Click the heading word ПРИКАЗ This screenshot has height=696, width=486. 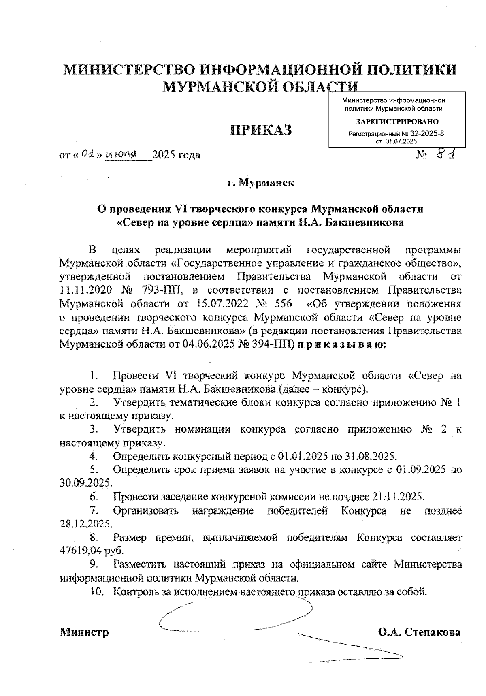[x=261, y=130]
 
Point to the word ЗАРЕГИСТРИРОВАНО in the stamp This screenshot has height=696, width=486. [x=397, y=122]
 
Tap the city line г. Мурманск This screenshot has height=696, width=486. [x=260, y=183]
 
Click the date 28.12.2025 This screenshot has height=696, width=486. [x=85, y=524]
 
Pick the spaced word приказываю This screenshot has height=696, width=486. [x=342, y=345]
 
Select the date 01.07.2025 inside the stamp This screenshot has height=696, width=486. [x=401, y=141]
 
